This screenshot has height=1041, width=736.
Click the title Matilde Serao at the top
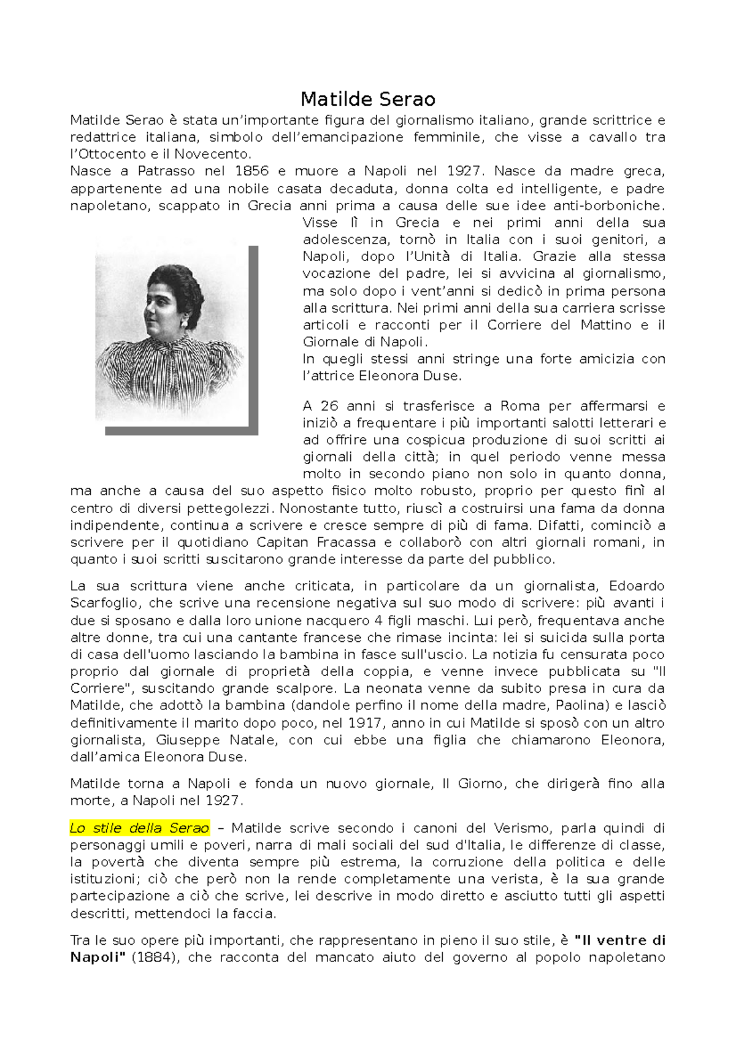367,99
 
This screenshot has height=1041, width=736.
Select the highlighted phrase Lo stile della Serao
139,828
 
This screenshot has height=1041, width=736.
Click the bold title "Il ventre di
619,940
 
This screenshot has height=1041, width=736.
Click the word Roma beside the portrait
520,406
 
